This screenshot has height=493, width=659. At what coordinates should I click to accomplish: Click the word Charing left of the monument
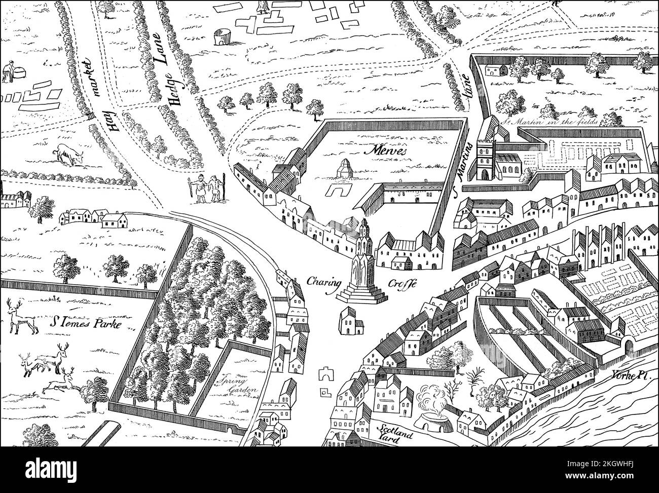coord(323,282)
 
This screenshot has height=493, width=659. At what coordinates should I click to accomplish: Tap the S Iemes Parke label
coord(89,323)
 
